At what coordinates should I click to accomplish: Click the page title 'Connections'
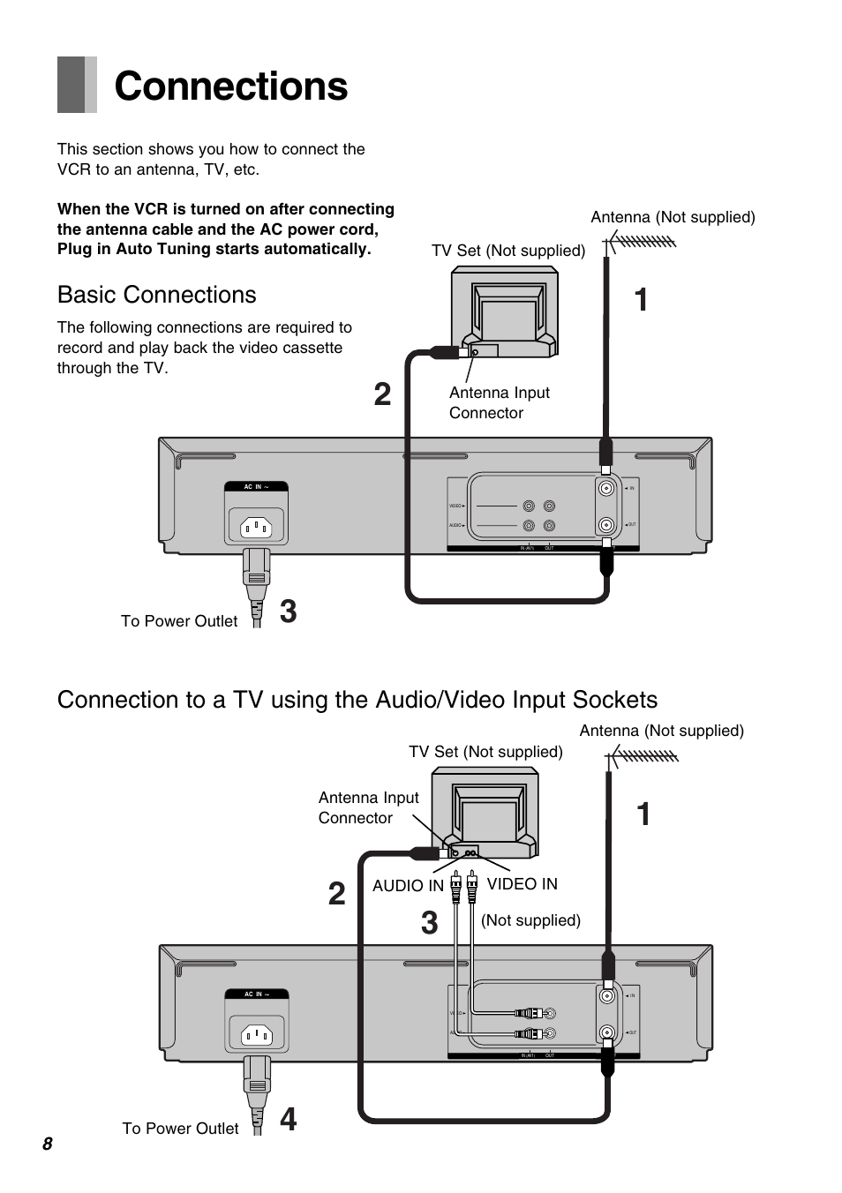(x=230, y=86)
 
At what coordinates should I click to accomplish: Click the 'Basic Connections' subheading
(x=156, y=295)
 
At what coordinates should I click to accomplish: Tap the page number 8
(x=47, y=1144)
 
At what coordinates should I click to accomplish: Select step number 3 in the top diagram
(x=288, y=612)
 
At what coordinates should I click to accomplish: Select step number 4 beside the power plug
(x=288, y=1119)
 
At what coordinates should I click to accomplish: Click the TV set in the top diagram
(x=505, y=313)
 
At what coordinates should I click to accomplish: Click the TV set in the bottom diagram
(x=485, y=811)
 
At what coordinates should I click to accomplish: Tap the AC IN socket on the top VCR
(x=256, y=527)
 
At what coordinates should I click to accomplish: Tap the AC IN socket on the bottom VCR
(x=257, y=1033)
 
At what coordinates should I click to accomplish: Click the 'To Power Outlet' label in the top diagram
(x=179, y=621)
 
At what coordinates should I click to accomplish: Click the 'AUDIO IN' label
(x=408, y=886)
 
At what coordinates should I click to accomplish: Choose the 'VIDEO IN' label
(x=522, y=884)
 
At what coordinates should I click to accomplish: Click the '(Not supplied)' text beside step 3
(x=530, y=920)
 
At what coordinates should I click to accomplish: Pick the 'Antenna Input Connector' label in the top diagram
(x=499, y=402)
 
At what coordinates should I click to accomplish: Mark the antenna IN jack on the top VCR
(x=606, y=488)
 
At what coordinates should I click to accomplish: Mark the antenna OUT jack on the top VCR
(x=606, y=525)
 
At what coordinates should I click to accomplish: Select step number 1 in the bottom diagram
(x=643, y=814)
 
